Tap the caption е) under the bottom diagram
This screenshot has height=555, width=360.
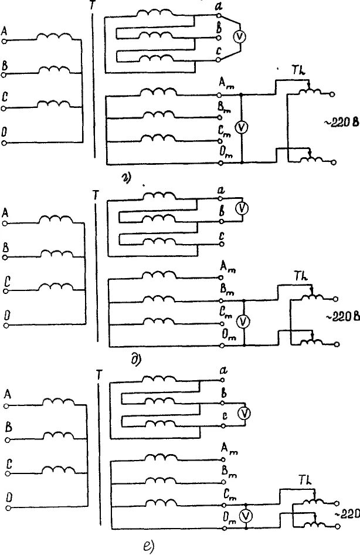click(x=148, y=547)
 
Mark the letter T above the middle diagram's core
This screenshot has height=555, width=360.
click(x=95, y=192)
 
